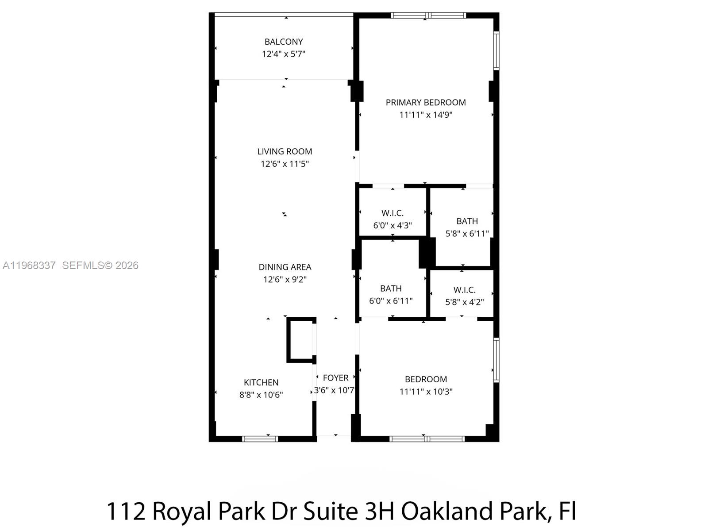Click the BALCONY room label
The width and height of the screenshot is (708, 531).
(x=284, y=42)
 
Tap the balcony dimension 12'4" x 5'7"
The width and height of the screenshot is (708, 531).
(x=284, y=54)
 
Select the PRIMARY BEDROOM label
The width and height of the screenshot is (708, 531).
(x=426, y=102)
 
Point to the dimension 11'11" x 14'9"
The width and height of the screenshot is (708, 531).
(x=426, y=115)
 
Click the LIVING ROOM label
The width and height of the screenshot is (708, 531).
(x=285, y=151)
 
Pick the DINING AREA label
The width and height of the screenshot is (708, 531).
(x=285, y=267)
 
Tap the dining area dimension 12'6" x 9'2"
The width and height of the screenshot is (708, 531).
(x=285, y=280)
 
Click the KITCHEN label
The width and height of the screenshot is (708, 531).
(x=261, y=382)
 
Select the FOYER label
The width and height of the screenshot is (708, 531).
(x=335, y=378)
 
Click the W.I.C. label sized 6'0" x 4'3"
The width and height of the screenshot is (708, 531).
(x=392, y=213)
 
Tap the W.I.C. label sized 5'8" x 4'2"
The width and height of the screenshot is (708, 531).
(x=464, y=290)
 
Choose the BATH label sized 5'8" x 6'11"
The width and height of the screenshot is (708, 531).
(x=467, y=221)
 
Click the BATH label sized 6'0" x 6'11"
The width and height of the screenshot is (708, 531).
(x=391, y=289)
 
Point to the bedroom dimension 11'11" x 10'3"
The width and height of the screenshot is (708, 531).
(x=426, y=392)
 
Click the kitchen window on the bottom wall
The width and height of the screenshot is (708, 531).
(x=260, y=439)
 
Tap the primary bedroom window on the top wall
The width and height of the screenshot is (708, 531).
(x=428, y=15)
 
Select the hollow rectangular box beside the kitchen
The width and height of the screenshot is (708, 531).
(x=300, y=340)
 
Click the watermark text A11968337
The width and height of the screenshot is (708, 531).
(x=29, y=265)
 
